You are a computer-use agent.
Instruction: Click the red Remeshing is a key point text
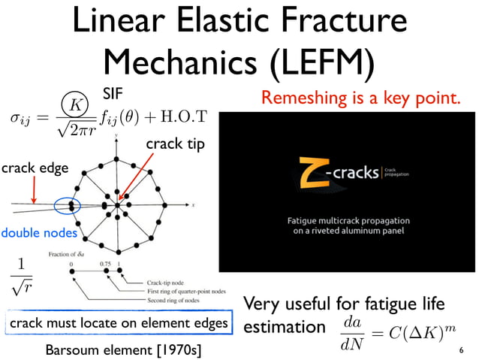[x=360, y=98]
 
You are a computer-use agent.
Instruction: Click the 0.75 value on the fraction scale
[x=107, y=264]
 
